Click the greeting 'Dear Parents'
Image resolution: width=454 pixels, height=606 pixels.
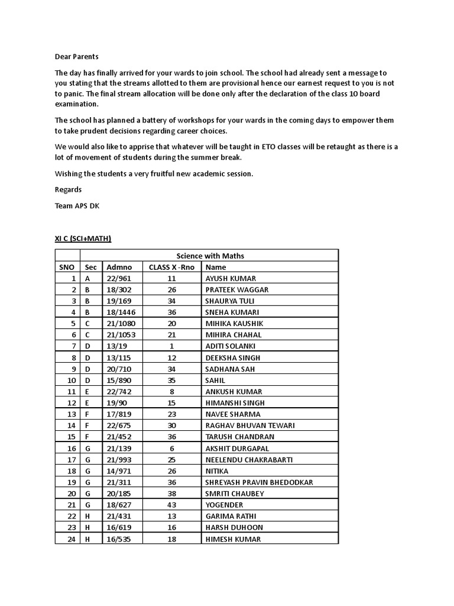click(x=77, y=57)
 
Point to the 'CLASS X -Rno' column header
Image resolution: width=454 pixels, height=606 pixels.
click(x=171, y=267)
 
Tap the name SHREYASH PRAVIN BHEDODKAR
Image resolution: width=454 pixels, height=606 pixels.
click(x=259, y=482)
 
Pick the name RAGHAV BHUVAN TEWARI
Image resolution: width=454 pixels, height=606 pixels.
click(x=250, y=426)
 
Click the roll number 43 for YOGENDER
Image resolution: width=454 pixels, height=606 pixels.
click(x=172, y=505)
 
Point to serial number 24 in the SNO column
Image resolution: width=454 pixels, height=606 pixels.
click(x=72, y=539)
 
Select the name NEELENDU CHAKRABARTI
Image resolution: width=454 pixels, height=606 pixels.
click(x=249, y=460)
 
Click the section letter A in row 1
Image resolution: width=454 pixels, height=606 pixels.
click(x=87, y=278)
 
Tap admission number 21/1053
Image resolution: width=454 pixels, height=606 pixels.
click(x=121, y=335)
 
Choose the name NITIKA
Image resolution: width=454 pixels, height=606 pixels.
click(x=217, y=471)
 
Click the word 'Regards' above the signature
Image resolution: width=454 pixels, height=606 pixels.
click(x=68, y=189)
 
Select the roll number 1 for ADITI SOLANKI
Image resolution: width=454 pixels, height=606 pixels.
click(x=172, y=346)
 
